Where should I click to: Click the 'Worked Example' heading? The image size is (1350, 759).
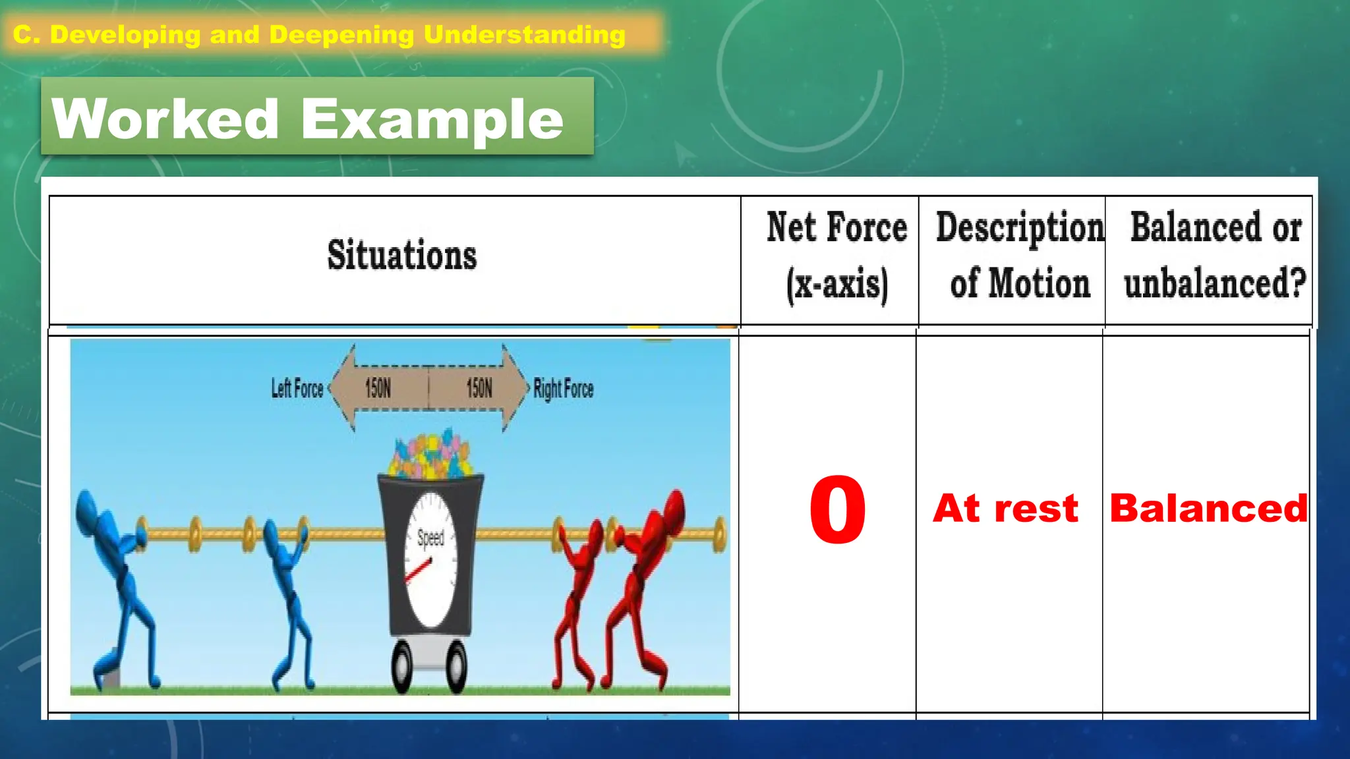coord(308,119)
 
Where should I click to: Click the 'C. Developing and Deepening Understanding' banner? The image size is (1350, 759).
coord(319,34)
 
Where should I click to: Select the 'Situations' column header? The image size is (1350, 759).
coord(401,255)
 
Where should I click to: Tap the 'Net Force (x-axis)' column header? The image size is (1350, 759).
coord(836,256)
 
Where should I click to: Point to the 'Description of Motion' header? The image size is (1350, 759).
coord(1019,256)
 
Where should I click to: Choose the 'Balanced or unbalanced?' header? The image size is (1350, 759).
coord(1215,256)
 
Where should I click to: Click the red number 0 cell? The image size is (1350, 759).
coord(837,510)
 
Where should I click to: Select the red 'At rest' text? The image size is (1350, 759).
coord(1005,509)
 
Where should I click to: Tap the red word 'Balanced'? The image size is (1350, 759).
coord(1208,509)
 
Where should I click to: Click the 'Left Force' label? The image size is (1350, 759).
coord(297,389)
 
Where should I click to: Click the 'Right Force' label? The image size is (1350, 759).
coord(564,389)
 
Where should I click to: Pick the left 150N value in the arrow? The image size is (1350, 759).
coord(378,389)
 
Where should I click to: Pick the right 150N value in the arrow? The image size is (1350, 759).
coord(479,389)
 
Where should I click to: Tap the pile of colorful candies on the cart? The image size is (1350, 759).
coord(431,455)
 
